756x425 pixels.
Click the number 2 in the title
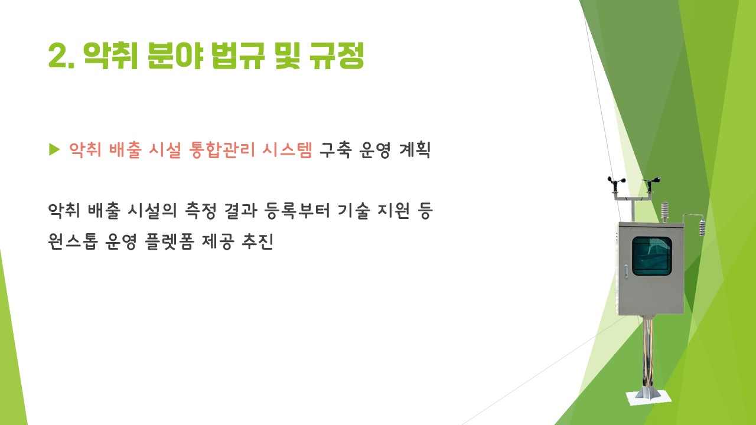(58, 55)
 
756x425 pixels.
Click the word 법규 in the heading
(237, 55)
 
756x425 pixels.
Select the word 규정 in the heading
(337, 55)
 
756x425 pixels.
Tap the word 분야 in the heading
(175, 55)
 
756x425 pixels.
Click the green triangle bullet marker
(54, 149)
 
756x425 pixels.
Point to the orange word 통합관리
(221, 150)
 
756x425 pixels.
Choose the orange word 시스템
(287, 150)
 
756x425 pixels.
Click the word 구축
(335, 150)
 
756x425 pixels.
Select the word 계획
(415, 150)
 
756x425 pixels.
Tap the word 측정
(201, 211)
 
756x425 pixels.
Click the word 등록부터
(297, 211)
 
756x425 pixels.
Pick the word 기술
(353, 211)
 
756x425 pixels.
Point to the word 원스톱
(73, 241)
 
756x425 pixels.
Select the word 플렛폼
(170, 241)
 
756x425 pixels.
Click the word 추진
(258, 241)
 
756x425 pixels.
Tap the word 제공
(218, 241)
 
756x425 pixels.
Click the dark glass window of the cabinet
(651, 256)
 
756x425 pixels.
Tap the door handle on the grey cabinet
(627, 271)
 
